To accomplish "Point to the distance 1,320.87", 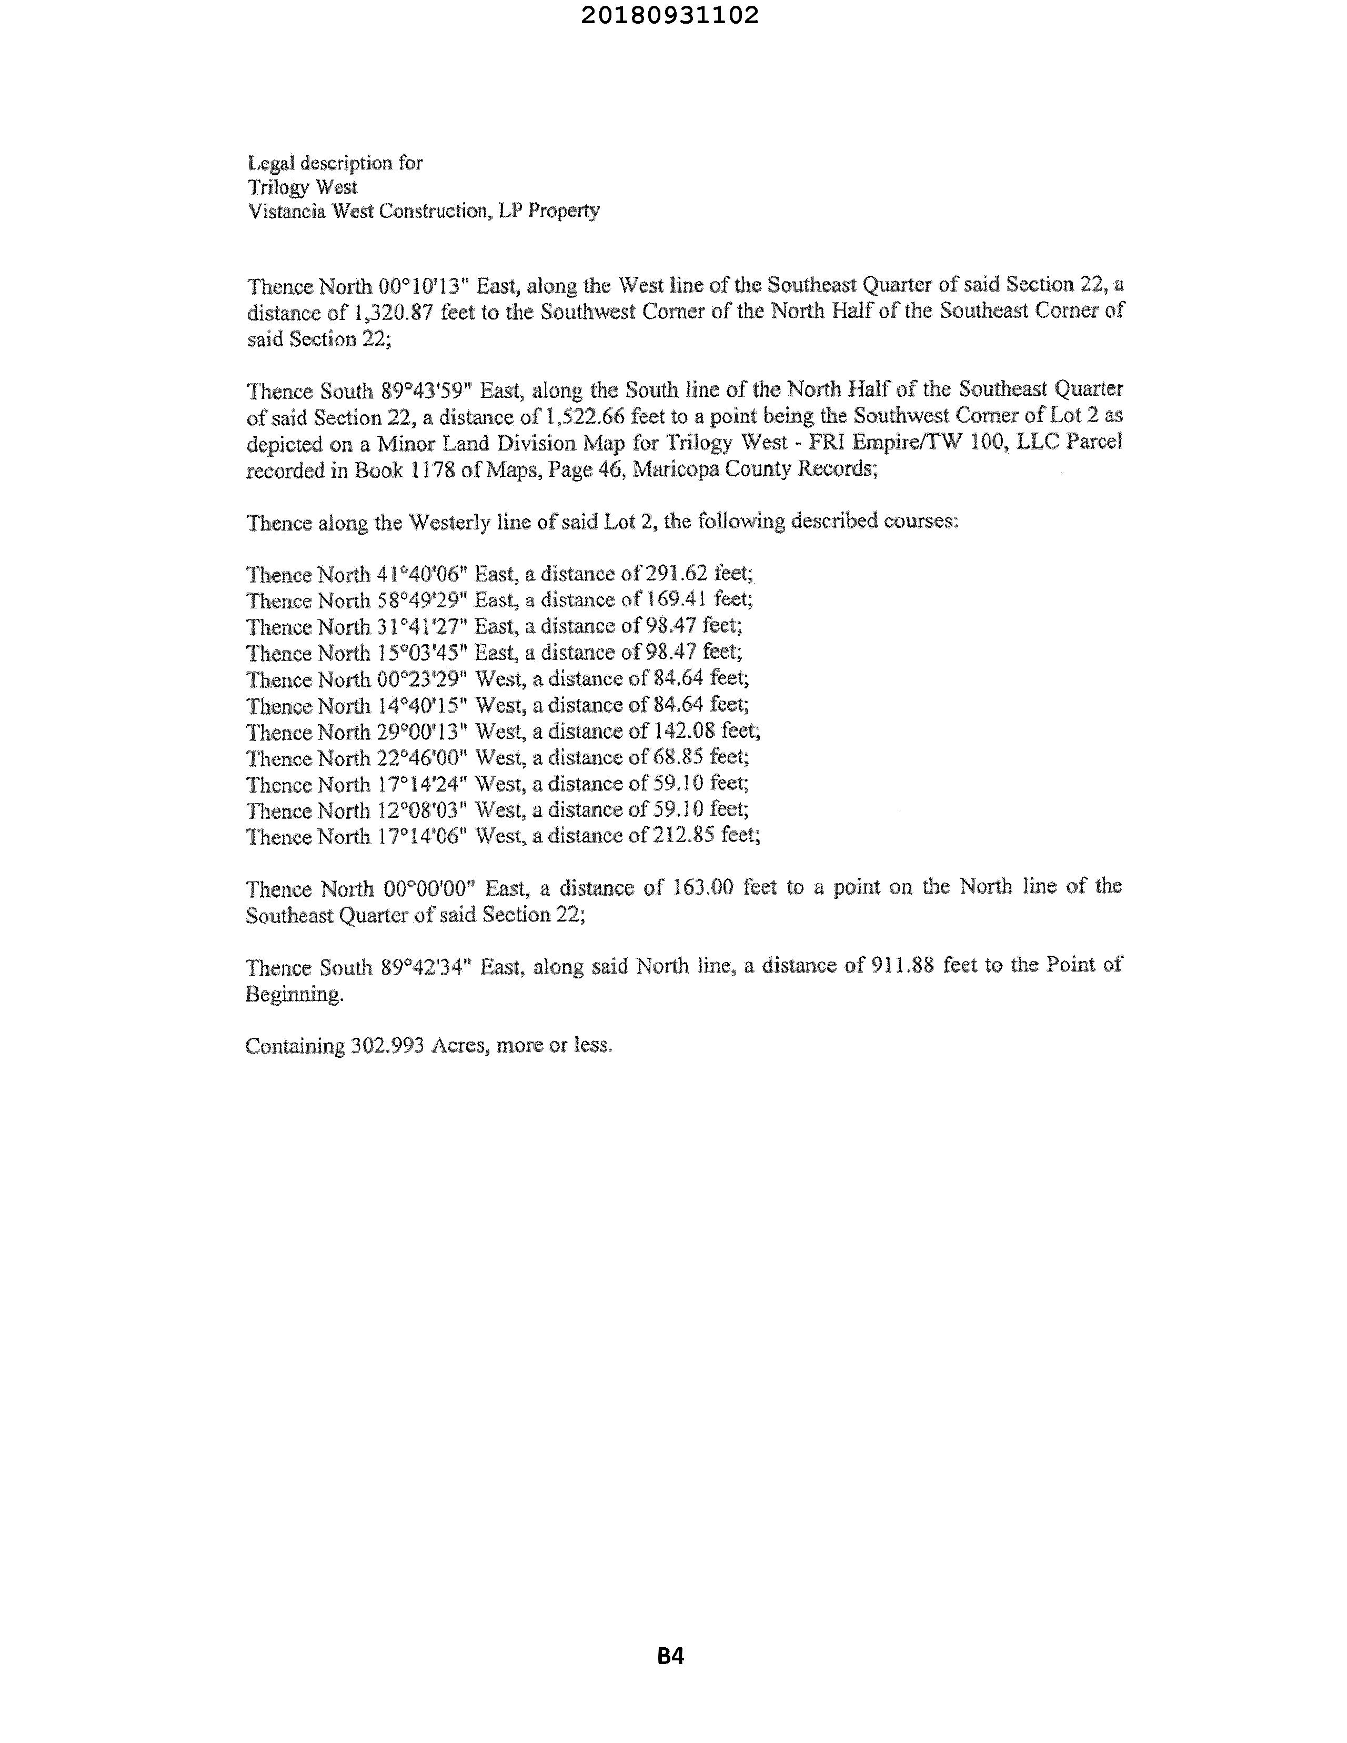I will [393, 313].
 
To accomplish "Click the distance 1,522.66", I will [585, 417].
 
